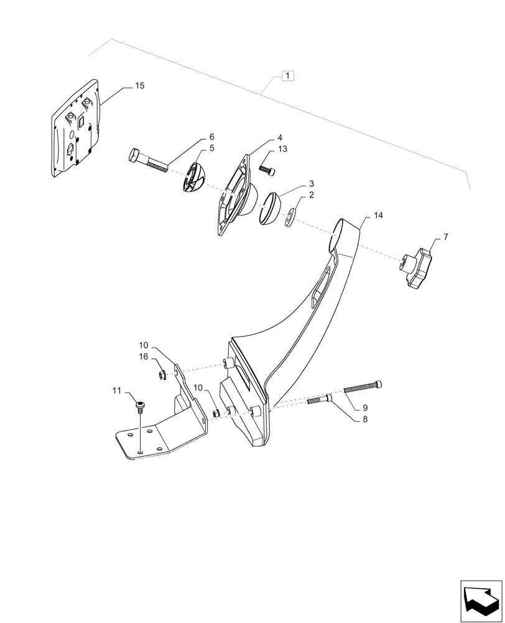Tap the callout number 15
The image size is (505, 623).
tap(139, 86)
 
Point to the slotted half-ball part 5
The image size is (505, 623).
tap(197, 178)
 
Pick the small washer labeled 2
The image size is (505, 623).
tap(290, 219)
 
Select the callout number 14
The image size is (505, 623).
tap(378, 215)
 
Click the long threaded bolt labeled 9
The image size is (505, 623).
tap(362, 388)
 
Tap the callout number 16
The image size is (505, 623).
tap(144, 357)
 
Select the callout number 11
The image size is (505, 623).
tap(116, 390)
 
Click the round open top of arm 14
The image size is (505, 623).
tap(340, 234)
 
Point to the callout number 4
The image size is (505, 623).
tap(279, 137)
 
